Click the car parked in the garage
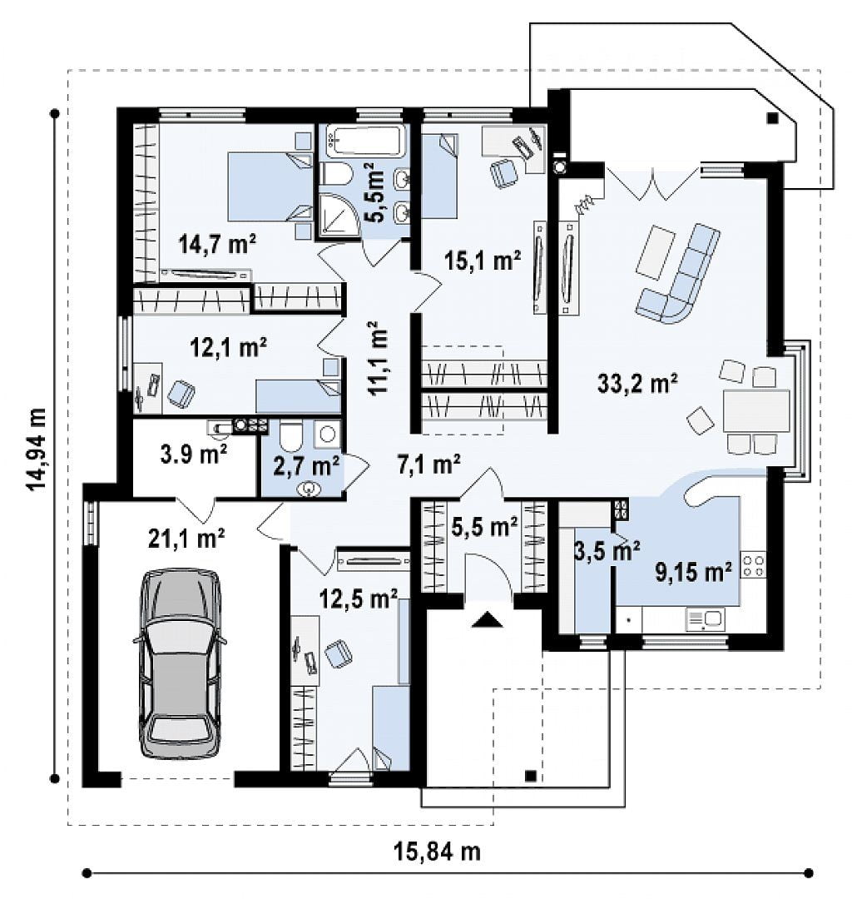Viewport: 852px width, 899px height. click(x=180, y=664)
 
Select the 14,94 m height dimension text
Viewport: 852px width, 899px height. click(x=36, y=449)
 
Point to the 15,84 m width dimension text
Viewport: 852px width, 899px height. click(x=437, y=852)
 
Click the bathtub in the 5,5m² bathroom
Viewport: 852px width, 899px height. click(x=365, y=141)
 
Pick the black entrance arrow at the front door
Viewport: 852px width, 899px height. click(x=487, y=619)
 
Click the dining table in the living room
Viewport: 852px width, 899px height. click(x=755, y=410)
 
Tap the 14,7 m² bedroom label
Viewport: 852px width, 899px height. click(x=217, y=244)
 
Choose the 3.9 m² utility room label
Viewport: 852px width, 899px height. click(x=194, y=454)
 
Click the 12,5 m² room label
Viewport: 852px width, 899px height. click(x=358, y=599)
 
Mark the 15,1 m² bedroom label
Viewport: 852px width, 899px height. click(x=483, y=261)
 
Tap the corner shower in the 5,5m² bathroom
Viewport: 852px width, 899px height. click(x=338, y=215)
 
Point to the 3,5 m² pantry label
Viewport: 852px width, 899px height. click(x=607, y=551)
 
